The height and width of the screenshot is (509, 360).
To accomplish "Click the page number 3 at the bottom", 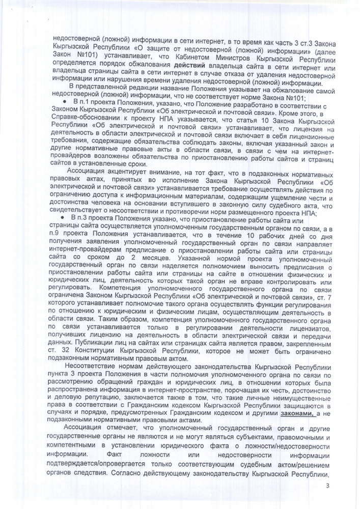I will point(327,489).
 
